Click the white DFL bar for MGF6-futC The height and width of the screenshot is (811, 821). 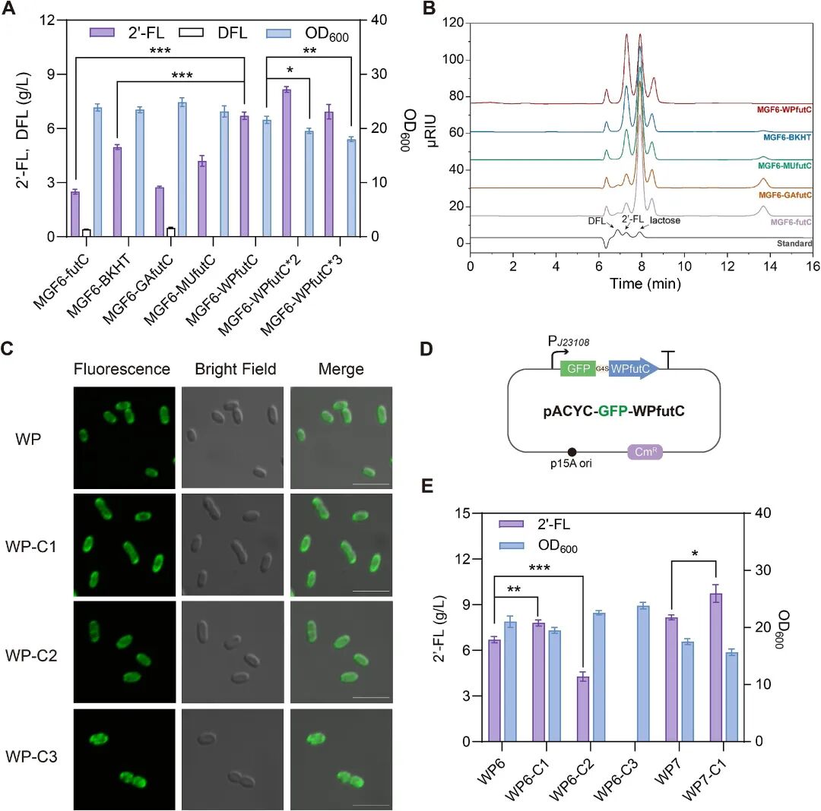86,232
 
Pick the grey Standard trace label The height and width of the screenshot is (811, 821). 794,244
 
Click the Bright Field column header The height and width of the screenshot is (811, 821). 235,370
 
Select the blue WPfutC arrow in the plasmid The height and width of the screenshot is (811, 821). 632,368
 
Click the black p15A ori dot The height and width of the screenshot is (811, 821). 572,452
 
